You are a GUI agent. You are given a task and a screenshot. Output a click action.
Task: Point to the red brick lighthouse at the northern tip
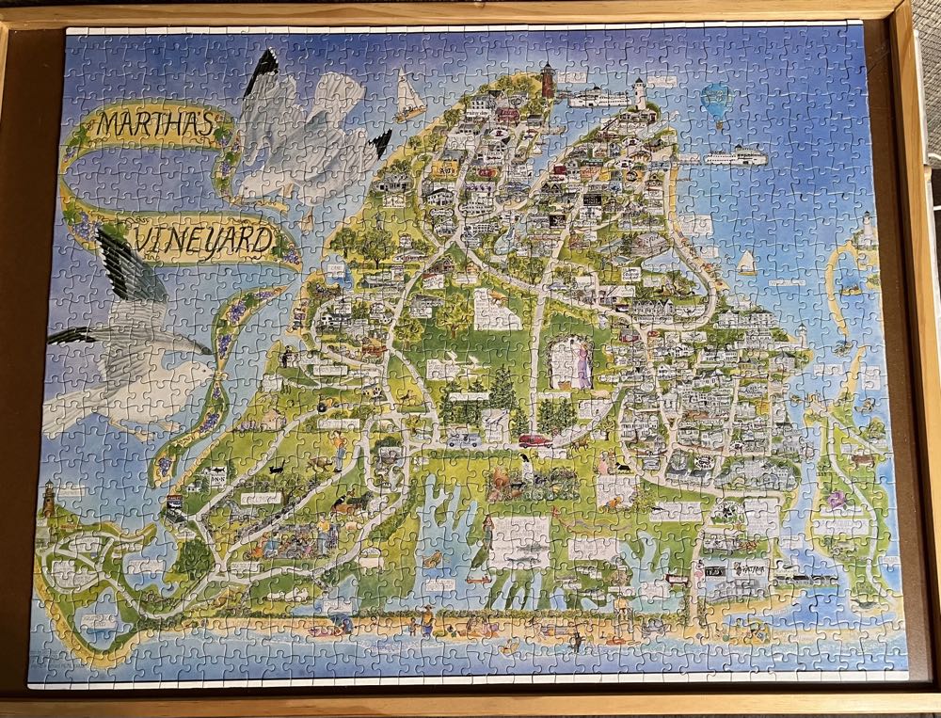tap(548, 80)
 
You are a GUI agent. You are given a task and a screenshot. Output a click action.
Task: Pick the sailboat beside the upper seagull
tap(409, 96)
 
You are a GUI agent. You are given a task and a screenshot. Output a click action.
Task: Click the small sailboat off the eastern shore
tap(747, 263)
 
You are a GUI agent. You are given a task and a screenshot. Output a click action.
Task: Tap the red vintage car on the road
tap(534, 440)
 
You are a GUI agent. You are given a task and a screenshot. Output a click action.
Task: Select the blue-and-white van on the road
tap(464, 439)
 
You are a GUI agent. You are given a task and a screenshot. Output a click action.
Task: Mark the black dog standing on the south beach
tap(576, 643)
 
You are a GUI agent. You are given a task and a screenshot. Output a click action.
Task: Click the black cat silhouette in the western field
tap(275, 467)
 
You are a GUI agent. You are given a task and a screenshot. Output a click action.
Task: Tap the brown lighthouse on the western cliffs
tap(48, 498)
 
